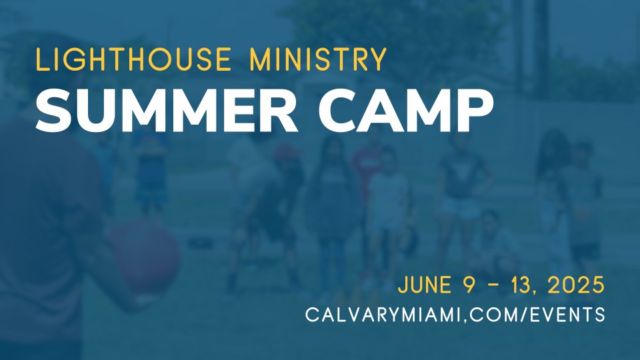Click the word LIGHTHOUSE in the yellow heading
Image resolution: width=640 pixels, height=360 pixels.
click(133, 59)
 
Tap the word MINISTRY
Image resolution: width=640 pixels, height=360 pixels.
click(318, 59)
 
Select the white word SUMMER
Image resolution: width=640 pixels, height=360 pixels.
click(167, 110)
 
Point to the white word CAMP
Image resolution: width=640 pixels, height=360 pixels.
click(406, 110)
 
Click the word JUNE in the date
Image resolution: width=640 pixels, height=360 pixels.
click(425, 285)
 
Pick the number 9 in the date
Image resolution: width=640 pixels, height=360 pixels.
click(470, 285)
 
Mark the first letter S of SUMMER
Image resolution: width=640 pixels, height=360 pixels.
click(54, 110)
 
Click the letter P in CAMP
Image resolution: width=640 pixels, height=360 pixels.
click(476, 110)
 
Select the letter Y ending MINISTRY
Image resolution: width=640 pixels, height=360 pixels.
click(377, 59)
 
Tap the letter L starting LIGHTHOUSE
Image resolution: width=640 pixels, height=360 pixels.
click(43, 59)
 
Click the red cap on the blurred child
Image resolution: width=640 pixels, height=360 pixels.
click(287, 152)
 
